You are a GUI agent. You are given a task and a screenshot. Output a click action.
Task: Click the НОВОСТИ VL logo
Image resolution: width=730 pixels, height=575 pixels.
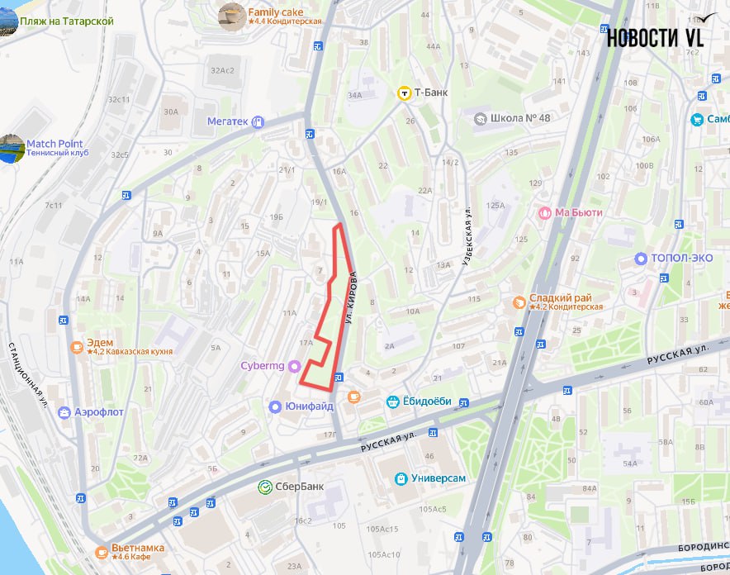point(655,36)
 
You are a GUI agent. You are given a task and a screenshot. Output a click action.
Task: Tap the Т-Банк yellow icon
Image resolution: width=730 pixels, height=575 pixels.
point(404,93)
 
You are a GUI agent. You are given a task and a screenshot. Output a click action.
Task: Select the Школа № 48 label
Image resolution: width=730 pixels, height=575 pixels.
point(519,118)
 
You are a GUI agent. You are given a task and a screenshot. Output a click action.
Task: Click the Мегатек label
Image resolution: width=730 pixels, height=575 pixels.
point(227,122)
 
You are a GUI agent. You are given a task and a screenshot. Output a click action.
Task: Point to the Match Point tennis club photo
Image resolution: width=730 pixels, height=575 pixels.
point(12,149)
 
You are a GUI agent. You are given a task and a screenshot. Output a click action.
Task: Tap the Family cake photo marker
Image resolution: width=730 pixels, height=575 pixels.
point(231,15)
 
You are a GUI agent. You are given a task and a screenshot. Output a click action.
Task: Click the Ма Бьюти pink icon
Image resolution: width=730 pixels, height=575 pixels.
point(544,212)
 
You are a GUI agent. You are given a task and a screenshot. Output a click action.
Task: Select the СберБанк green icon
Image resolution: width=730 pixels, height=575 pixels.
point(266,487)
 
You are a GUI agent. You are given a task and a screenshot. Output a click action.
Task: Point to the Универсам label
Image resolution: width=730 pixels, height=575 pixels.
point(439,478)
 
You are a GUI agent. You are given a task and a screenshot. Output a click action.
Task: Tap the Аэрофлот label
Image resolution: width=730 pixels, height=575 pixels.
point(99,411)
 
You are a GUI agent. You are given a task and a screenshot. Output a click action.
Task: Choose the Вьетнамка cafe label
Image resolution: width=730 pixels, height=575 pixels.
point(138,548)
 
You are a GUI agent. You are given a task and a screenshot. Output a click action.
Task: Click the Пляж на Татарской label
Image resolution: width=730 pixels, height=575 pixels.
point(65,21)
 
